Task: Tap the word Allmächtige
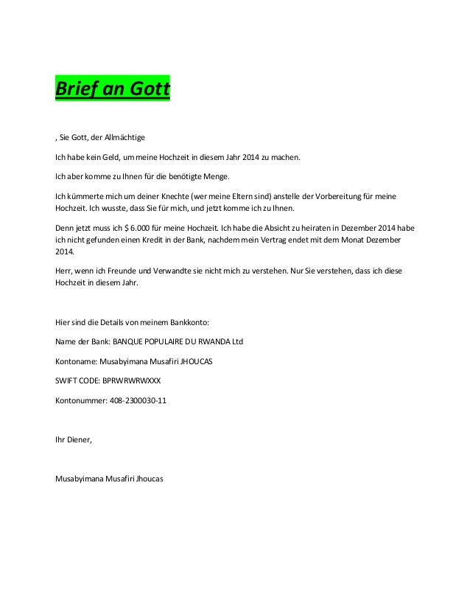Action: (x=125, y=138)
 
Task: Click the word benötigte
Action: (x=192, y=177)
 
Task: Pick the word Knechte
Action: (x=168, y=196)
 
